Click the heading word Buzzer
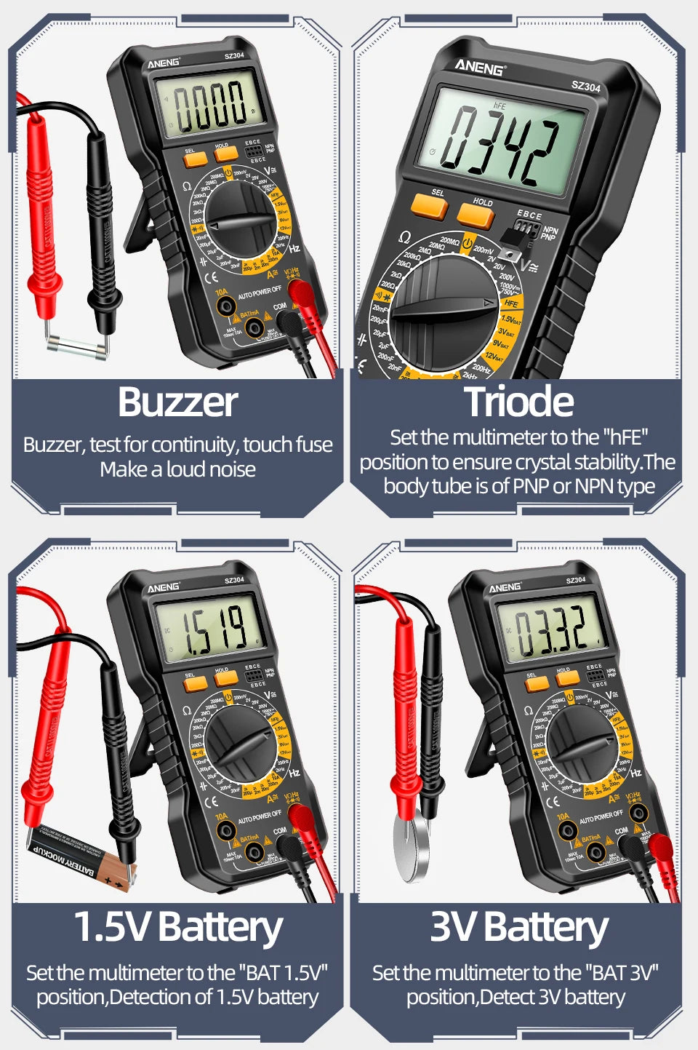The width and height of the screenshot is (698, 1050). pos(178,402)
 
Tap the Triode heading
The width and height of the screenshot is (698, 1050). pos(518,402)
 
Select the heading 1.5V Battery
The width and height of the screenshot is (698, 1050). pos(178,928)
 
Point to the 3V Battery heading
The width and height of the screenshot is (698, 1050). pos(518,928)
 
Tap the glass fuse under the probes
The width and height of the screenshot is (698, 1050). pos(76,347)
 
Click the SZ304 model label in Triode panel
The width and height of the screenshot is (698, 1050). pos(585,87)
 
